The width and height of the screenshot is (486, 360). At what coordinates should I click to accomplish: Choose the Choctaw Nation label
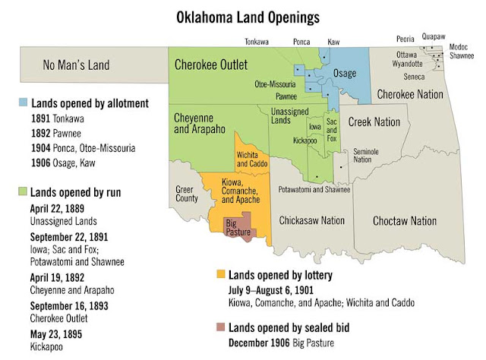click(405, 220)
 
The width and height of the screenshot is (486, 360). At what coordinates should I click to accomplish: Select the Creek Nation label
click(374, 122)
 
